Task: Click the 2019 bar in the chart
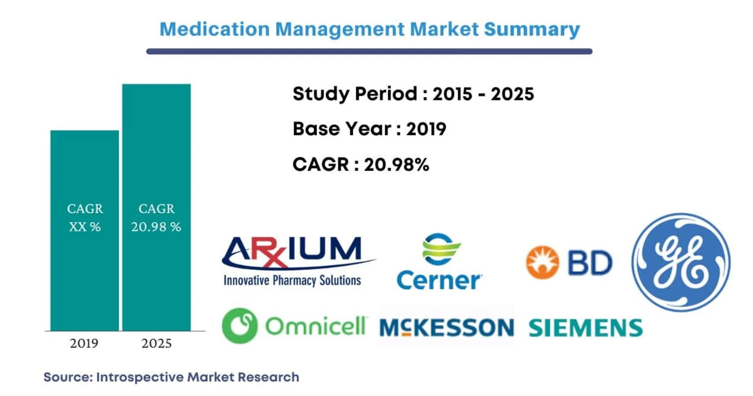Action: (85, 230)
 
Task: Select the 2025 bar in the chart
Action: (156, 207)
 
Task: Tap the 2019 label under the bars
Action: (84, 343)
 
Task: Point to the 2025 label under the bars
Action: (156, 343)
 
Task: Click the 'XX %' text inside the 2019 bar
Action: (85, 227)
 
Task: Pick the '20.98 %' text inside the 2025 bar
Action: (156, 227)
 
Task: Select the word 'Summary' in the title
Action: (532, 30)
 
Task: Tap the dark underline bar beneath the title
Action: (369, 51)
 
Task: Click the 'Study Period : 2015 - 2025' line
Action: (413, 94)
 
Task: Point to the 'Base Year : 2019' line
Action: (369, 129)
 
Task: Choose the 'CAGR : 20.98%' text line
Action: (361, 164)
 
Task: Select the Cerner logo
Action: (440, 262)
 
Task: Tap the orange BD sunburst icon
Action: (542, 262)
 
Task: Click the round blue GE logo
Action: (681, 262)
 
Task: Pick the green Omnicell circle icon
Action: (240, 325)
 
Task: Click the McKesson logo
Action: (447, 327)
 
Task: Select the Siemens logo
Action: (586, 328)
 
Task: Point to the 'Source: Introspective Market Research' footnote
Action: (171, 377)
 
